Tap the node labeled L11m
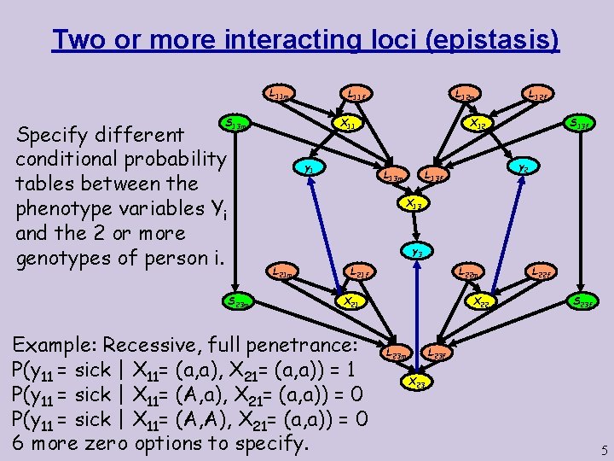[x=278, y=95]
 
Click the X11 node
[x=345, y=125]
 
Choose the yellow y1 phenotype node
[x=310, y=169]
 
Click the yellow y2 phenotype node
[x=521, y=169]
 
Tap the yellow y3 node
[x=416, y=252]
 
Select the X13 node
[x=414, y=204]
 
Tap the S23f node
[x=585, y=301]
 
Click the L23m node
[x=396, y=351]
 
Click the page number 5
[x=603, y=449]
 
